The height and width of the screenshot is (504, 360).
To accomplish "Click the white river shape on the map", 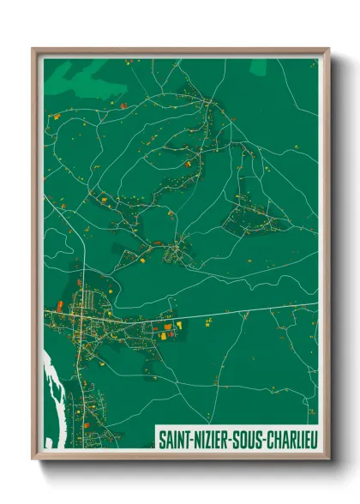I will tap(51, 377).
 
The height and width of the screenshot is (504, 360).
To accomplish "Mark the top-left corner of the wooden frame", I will tap(33, 50).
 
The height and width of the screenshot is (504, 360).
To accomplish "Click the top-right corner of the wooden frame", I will tap(328, 50).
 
